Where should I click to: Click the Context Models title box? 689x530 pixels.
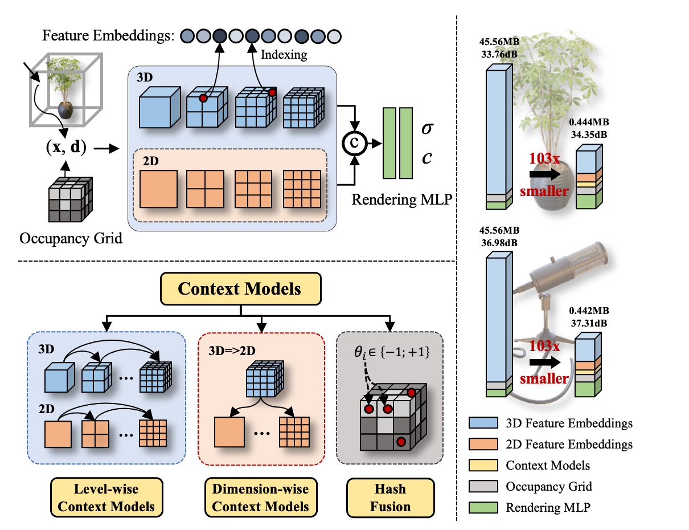(x=239, y=288)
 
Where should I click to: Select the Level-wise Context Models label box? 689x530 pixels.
(x=106, y=498)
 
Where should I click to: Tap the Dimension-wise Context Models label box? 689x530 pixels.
(x=260, y=498)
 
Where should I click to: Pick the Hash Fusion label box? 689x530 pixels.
(x=391, y=498)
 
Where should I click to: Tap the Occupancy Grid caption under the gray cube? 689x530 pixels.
(x=71, y=238)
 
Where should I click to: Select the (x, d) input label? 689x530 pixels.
(x=67, y=148)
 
